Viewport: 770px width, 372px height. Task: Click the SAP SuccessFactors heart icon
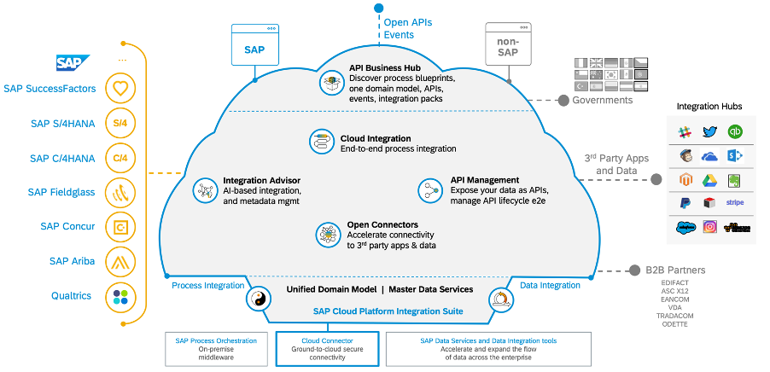point(120,87)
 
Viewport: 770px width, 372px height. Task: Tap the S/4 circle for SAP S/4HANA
point(120,123)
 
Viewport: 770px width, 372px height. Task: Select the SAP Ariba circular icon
point(120,261)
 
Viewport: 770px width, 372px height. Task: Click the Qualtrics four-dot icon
point(120,296)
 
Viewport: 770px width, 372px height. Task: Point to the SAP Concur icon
point(120,226)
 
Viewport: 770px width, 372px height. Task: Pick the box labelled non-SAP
point(508,45)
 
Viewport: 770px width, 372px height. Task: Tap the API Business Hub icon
point(330,83)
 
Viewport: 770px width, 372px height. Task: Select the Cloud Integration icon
point(323,142)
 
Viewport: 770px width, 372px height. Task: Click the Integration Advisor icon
point(205,190)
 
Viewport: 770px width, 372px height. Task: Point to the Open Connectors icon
point(327,235)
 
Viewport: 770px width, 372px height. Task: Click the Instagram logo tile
point(709,228)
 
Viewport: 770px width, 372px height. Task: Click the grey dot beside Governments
point(563,101)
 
